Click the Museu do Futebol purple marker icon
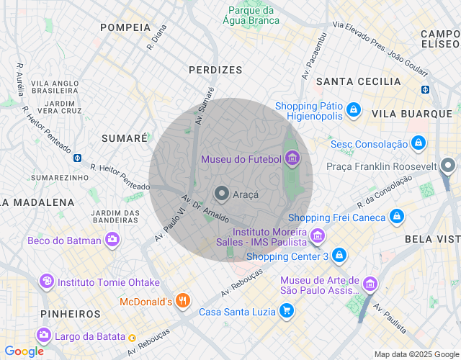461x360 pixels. tap(292, 158)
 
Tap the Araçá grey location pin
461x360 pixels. tap(222, 194)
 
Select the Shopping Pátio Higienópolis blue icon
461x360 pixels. tap(353, 109)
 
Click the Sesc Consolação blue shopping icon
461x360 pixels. tap(417, 143)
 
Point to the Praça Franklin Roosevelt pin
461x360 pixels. tap(448, 166)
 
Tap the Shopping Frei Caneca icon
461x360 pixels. tap(396, 217)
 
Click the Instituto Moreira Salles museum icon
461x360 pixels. tap(316, 235)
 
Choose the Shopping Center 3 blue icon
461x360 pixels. tap(339, 256)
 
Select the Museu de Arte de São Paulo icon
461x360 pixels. tap(370, 284)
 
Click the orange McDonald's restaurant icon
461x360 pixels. tap(183, 301)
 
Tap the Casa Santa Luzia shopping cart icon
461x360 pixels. tap(287, 311)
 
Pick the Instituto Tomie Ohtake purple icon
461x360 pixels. tap(47, 282)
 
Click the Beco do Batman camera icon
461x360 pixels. tap(112, 240)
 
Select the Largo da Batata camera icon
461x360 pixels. tap(44, 335)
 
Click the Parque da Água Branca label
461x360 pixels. tap(251, 15)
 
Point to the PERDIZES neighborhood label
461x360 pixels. tap(215, 70)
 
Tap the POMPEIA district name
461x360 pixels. tap(125, 27)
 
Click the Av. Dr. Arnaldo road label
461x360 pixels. tap(205, 208)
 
